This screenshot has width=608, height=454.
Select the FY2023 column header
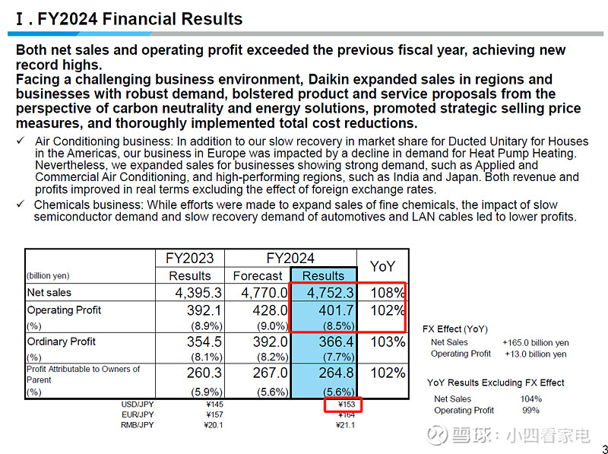190,259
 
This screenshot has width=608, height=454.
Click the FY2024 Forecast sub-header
258,276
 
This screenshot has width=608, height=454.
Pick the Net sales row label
49,293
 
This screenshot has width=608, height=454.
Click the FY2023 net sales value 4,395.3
190,293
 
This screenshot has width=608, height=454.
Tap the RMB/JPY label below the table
138,425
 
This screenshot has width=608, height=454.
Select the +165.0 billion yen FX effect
534,343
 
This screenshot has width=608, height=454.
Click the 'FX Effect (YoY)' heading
455,329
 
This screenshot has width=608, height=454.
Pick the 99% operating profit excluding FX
531,411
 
